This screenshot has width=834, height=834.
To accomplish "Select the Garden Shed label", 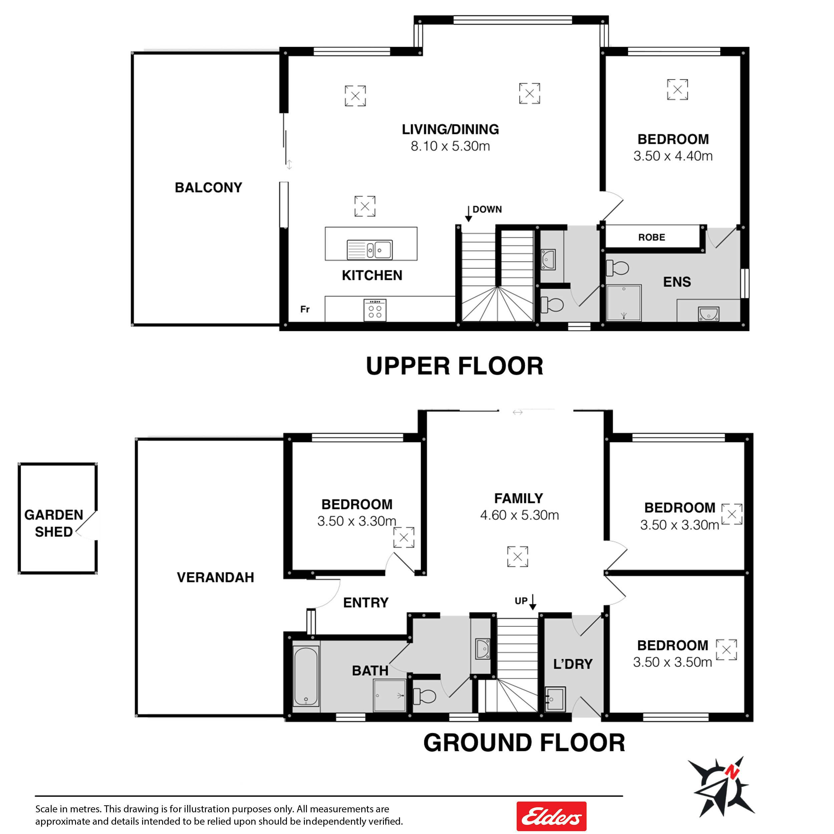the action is click(54, 523).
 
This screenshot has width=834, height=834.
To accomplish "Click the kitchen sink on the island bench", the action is click(370, 250).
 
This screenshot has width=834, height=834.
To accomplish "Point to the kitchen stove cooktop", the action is click(375, 310).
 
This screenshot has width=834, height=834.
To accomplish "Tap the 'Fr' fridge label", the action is click(305, 309).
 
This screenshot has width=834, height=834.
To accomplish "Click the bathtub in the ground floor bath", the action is click(306, 676).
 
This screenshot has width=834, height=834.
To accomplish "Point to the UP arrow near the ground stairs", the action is click(533, 602).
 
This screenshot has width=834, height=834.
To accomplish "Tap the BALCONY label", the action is click(208, 187).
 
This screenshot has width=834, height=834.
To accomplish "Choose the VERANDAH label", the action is click(216, 577).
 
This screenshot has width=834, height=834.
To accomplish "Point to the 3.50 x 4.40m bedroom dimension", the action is click(673, 156).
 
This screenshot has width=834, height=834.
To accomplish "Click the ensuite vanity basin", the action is click(708, 314).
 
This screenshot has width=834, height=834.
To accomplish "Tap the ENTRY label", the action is click(366, 602).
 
